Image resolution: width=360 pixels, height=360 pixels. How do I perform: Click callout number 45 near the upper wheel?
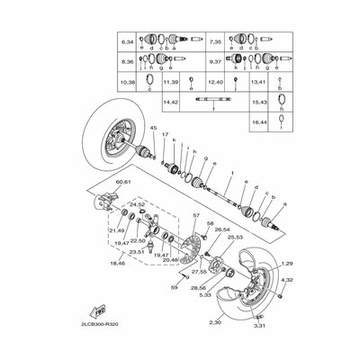154,130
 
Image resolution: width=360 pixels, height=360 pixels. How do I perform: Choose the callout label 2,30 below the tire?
215,321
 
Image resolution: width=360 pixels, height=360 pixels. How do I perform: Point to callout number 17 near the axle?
165,135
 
